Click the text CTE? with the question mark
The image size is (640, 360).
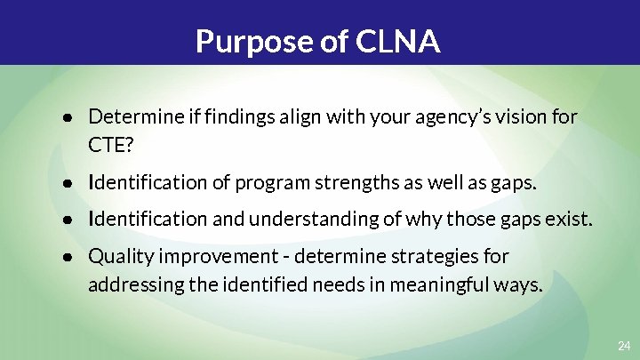108,144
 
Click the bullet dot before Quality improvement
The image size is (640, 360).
68,257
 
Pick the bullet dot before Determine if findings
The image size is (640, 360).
68,116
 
